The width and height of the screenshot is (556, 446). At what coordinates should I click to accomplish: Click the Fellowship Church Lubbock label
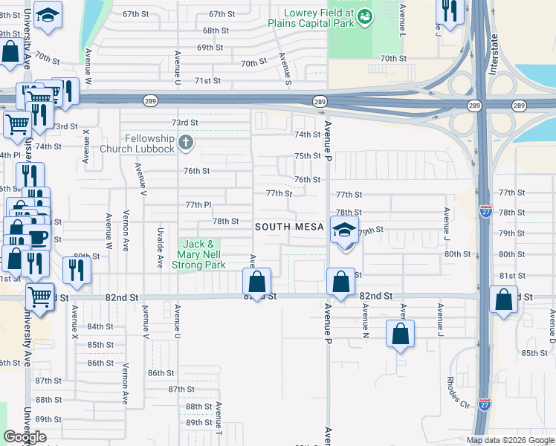[x=149, y=143]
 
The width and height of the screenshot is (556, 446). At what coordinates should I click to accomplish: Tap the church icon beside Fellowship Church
[x=187, y=140]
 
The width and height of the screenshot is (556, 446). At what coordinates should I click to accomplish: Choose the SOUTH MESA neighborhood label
[x=289, y=227]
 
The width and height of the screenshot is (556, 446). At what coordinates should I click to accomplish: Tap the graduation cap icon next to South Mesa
[x=345, y=230]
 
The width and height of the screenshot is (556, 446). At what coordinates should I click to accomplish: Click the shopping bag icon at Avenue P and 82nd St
[x=340, y=282]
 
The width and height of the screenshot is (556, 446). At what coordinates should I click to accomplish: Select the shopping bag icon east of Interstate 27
[x=505, y=301]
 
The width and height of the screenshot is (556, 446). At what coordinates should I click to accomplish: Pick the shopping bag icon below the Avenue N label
[x=401, y=334]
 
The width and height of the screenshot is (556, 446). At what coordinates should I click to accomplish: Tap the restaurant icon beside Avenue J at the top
[x=449, y=11]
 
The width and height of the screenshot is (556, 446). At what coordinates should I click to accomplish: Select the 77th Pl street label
[x=198, y=204]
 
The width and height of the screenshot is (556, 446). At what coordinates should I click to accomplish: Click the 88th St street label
[x=198, y=407]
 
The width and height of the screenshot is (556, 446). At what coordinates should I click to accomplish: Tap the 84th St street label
[x=100, y=327]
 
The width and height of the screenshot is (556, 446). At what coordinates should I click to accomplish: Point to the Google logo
[x=25, y=437]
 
